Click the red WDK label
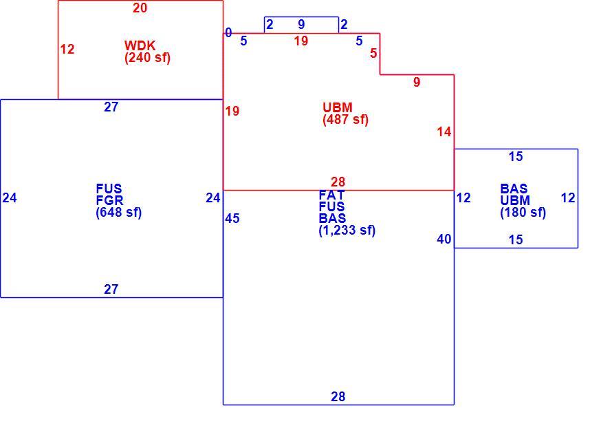140,45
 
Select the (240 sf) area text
148,58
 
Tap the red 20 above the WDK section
140,8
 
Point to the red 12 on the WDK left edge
67,50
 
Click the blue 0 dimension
228,33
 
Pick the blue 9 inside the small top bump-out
301,25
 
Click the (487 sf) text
345,120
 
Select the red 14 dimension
444,132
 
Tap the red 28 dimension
338,182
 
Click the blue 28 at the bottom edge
338,397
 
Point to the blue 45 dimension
232,219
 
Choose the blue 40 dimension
444,239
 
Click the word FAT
331,195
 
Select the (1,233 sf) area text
347,231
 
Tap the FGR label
109,201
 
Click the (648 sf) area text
119,213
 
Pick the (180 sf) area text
523,213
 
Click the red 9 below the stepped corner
417,83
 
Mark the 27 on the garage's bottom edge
111,290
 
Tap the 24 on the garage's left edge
10,198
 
